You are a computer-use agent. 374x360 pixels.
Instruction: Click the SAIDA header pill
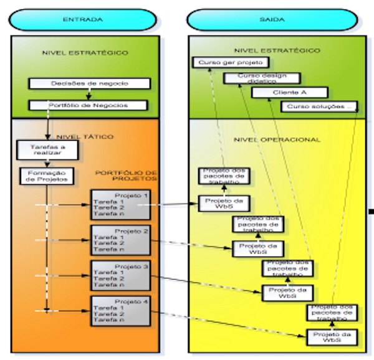272,19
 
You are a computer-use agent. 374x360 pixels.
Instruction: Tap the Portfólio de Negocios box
89,105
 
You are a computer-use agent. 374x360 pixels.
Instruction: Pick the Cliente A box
282,92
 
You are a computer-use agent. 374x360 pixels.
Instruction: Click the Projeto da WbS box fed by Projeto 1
224,203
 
